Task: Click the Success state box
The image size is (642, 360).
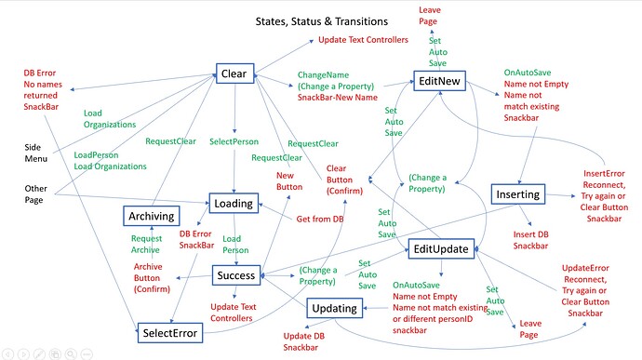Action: [235, 275]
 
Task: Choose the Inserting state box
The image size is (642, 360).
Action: [517, 194]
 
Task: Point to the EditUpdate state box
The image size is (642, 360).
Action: [442, 247]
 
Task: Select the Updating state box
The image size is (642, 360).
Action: [334, 308]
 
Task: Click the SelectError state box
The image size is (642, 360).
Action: [171, 331]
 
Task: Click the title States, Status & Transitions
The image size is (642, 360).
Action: [332, 21]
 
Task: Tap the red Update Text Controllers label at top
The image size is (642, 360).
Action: [363, 40]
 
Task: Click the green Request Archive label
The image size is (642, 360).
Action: [145, 245]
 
